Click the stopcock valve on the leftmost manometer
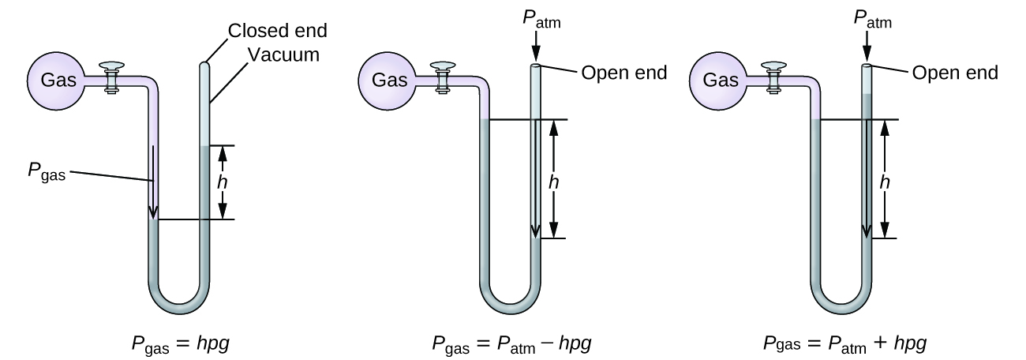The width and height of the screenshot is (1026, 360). [111, 77]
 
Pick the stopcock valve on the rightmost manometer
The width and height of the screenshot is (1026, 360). [773, 77]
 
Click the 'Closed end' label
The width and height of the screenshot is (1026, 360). [277, 31]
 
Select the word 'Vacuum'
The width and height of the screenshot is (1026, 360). [283, 54]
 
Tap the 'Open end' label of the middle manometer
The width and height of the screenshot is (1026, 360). [623, 73]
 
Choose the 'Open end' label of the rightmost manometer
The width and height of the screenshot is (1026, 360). [955, 73]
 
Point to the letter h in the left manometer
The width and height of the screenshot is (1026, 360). [223, 182]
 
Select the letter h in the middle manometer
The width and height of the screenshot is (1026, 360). [554, 181]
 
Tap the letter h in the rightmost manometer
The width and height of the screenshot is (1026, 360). [886, 181]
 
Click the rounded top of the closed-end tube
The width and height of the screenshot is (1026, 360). [204, 66]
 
